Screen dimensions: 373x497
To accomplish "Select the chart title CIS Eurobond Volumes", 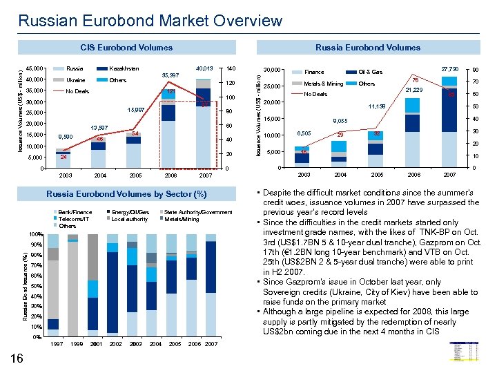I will tap(126, 48).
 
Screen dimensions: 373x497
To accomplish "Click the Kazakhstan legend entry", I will tap(124, 68).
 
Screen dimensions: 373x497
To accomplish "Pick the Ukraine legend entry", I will tap(76, 80).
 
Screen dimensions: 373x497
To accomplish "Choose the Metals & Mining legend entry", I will tap(323, 84).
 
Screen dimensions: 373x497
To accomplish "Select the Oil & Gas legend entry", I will tap(371, 72).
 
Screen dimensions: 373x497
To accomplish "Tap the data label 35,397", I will tap(170, 75).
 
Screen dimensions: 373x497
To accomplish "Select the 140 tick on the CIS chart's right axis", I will tap(231, 68).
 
